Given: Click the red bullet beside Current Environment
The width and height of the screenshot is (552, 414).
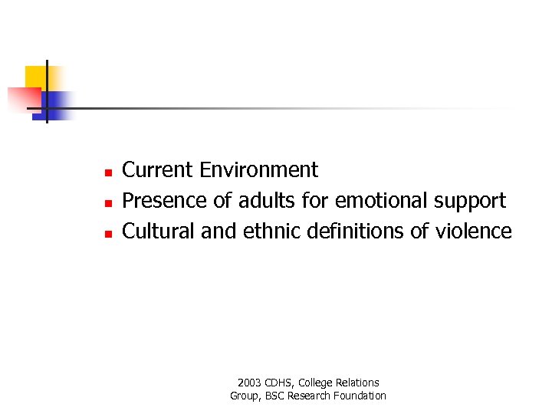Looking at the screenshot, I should coord(109,171).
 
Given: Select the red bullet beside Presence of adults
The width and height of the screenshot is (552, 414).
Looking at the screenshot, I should coord(109,202).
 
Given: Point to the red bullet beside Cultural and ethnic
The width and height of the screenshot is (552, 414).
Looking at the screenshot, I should coord(109,232).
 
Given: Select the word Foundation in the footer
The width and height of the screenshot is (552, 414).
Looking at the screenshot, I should coord(360,396).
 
